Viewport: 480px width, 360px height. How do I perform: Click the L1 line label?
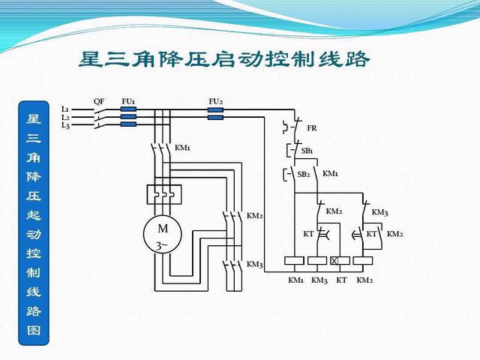[x=65, y=109]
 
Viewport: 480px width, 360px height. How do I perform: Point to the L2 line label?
[x=65, y=117]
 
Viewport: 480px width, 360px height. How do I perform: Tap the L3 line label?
[x=65, y=125]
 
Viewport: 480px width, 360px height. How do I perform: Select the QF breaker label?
[x=99, y=100]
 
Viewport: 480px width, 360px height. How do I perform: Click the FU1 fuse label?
[x=128, y=100]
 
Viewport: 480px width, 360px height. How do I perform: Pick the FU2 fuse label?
[x=215, y=100]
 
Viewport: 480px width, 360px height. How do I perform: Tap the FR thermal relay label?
[x=312, y=128]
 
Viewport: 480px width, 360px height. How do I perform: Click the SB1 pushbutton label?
[x=307, y=151]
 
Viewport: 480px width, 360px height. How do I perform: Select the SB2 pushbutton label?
[x=303, y=174]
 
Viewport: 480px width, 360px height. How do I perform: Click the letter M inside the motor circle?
[x=163, y=228]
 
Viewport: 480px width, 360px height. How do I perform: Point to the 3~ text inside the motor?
[x=163, y=245]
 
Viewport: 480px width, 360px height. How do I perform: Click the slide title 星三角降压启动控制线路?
[x=224, y=59]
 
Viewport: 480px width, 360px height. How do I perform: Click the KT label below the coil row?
[x=342, y=280]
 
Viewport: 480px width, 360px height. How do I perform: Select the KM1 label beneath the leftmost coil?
[x=296, y=280]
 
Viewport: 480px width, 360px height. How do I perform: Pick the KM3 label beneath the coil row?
[x=319, y=280]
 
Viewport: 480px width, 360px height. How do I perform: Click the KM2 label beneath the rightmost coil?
[x=364, y=280]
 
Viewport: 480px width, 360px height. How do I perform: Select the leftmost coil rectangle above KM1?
[x=295, y=261]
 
